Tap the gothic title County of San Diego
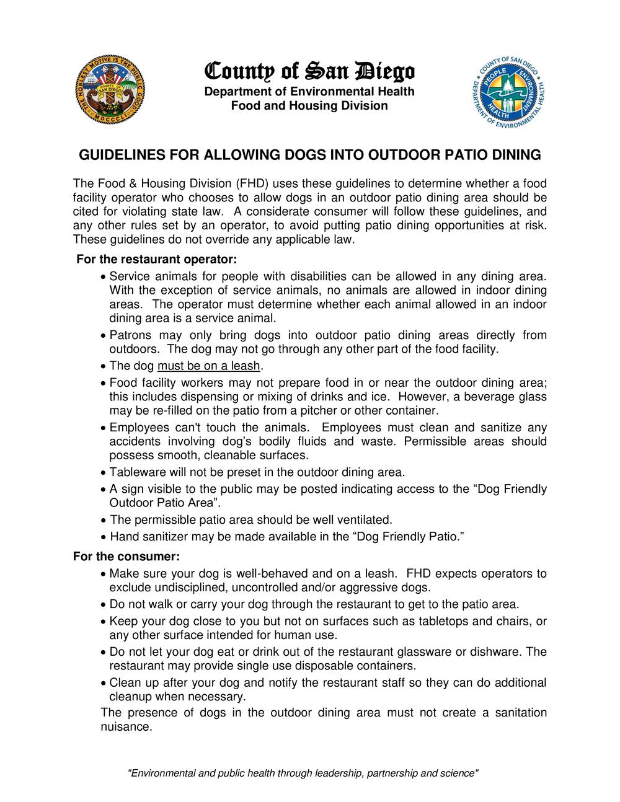(309, 73)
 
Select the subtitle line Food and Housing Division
(309, 106)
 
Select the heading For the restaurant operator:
(156, 258)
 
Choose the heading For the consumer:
(126, 556)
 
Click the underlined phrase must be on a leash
(209, 366)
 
